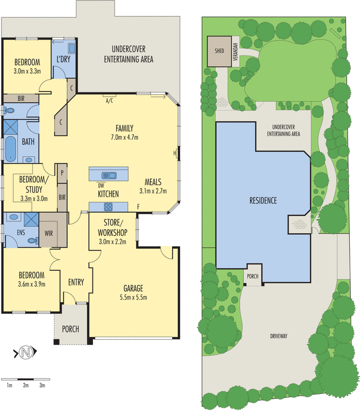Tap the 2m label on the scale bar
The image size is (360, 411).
[x=25, y=385]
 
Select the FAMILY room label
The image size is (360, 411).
[x=124, y=128]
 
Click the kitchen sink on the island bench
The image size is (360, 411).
[x=109, y=175]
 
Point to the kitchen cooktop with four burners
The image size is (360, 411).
[x=108, y=207]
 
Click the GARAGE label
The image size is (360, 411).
[x=133, y=288]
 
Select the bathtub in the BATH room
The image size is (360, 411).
[x=10, y=148]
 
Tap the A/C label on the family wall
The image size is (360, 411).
[x=109, y=101]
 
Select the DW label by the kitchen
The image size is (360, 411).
[x=101, y=185]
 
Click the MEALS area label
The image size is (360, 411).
[x=153, y=182]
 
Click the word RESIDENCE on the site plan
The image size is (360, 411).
[x=264, y=200]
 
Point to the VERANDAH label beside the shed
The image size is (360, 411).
[x=236, y=51]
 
